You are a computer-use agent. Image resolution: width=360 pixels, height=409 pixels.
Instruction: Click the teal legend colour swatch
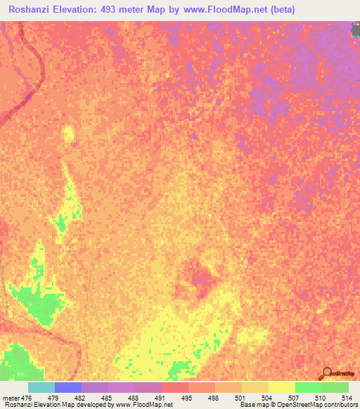41,387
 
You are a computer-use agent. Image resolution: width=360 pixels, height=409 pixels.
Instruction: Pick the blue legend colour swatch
68,387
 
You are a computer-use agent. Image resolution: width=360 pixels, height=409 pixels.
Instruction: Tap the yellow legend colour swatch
255,387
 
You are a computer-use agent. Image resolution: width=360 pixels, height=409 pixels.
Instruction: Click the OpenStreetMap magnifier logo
326,372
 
